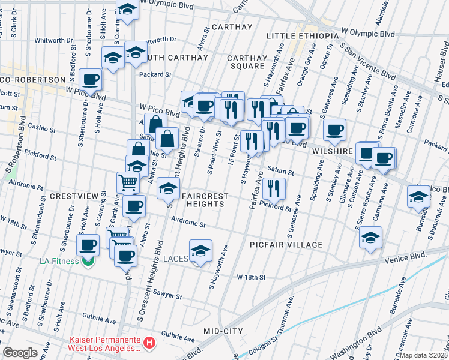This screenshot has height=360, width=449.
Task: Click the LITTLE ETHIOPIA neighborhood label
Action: [x=305, y=36]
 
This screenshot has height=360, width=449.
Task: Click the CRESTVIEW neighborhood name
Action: [x=73, y=196]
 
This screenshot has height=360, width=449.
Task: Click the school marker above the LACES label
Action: [x=200, y=249]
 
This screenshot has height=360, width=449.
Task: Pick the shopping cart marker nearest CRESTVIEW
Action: [x=127, y=182]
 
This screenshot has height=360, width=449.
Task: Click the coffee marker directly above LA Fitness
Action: [x=88, y=244]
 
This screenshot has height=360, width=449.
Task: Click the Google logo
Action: [x=20, y=353]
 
